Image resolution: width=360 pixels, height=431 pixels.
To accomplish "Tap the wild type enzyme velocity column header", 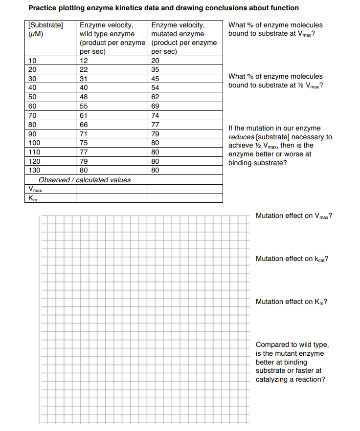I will [x=112, y=38].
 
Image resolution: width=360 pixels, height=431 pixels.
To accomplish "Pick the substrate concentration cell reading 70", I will [x=33, y=115].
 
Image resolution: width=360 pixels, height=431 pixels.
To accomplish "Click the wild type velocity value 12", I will [x=84, y=61].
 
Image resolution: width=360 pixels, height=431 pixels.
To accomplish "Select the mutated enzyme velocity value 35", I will [x=156, y=69].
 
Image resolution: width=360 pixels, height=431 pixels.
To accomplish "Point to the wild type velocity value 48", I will [x=84, y=97].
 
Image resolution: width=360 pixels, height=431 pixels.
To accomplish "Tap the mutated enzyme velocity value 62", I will [x=156, y=97].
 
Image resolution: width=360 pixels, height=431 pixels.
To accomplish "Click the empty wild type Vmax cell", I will [x=112, y=189].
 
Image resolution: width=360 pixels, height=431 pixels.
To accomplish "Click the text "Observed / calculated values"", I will [x=85, y=180].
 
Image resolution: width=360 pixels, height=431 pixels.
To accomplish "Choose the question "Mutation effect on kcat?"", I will [x=292, y=259].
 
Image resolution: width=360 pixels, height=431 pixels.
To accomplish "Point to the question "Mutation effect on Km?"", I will [x=291, y=302].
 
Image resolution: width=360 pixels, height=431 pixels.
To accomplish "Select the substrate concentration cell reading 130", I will [x=34, y=170].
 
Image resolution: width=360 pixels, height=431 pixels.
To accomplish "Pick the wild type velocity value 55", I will [x=84, y=106].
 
